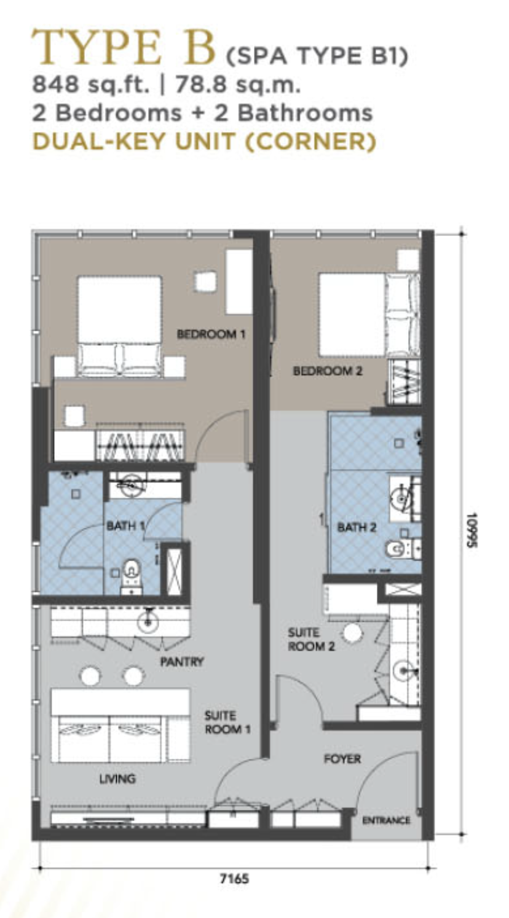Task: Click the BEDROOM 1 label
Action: tap(211, 334)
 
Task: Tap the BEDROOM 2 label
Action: tap(328, 371)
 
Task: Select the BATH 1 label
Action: tap(125, 525)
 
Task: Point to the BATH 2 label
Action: tap(357, 527)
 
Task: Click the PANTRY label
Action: tap(182, 661)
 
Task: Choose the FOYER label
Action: tap(342, 759)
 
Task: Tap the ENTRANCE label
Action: tap(386, 820)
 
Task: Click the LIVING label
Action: tap(117, 779)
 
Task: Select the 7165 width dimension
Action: tap(234, 879)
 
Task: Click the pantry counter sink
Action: tap(148, 621)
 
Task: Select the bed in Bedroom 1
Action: tap(119, 326)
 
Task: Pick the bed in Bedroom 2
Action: tap(369, 315)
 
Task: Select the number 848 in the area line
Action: tap(55, 85)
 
